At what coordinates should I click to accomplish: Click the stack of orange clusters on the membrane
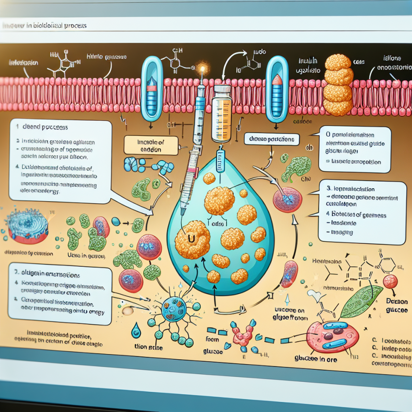[338, 85]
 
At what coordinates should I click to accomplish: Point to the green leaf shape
[363, 301]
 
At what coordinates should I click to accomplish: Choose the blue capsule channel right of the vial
[277, 89]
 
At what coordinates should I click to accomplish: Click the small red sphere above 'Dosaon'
[390, 282]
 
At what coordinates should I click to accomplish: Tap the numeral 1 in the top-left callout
[18, 128]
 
